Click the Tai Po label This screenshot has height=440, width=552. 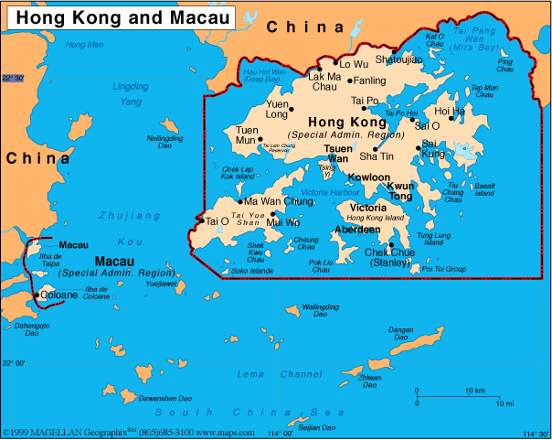(365, 101)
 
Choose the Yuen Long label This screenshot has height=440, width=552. (276, 110)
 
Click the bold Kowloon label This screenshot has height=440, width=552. (369, 177)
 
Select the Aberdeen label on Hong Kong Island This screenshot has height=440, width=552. (358, 230)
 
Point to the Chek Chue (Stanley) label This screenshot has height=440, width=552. (389, 257)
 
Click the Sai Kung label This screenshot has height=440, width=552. (434, 148)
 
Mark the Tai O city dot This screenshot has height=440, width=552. (201, 220)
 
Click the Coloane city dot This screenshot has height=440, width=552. (37, 295)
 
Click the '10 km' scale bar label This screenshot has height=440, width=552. (474, 391)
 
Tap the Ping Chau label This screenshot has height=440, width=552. (504, 65)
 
